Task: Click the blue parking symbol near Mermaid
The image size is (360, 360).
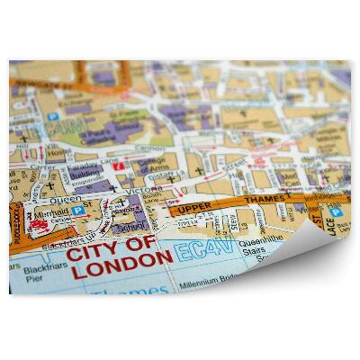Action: pos(79,211)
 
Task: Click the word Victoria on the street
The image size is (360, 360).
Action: pos(152,192)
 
